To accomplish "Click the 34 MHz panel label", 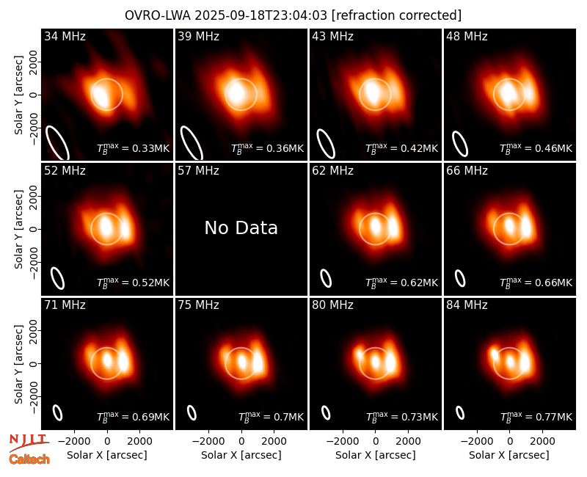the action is [65, 36].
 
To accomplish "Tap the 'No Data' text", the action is [241, 227].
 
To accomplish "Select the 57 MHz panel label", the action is [198, 171].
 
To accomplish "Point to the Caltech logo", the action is [29, 459].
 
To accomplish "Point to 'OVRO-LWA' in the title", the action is [158, 15].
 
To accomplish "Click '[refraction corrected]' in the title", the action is [396, 15].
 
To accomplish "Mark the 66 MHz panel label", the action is [467, 171].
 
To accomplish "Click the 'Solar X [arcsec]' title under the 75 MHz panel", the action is [241, 455].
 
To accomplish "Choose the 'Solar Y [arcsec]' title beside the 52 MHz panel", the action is [18, 229].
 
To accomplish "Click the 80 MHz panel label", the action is [333, 305].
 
